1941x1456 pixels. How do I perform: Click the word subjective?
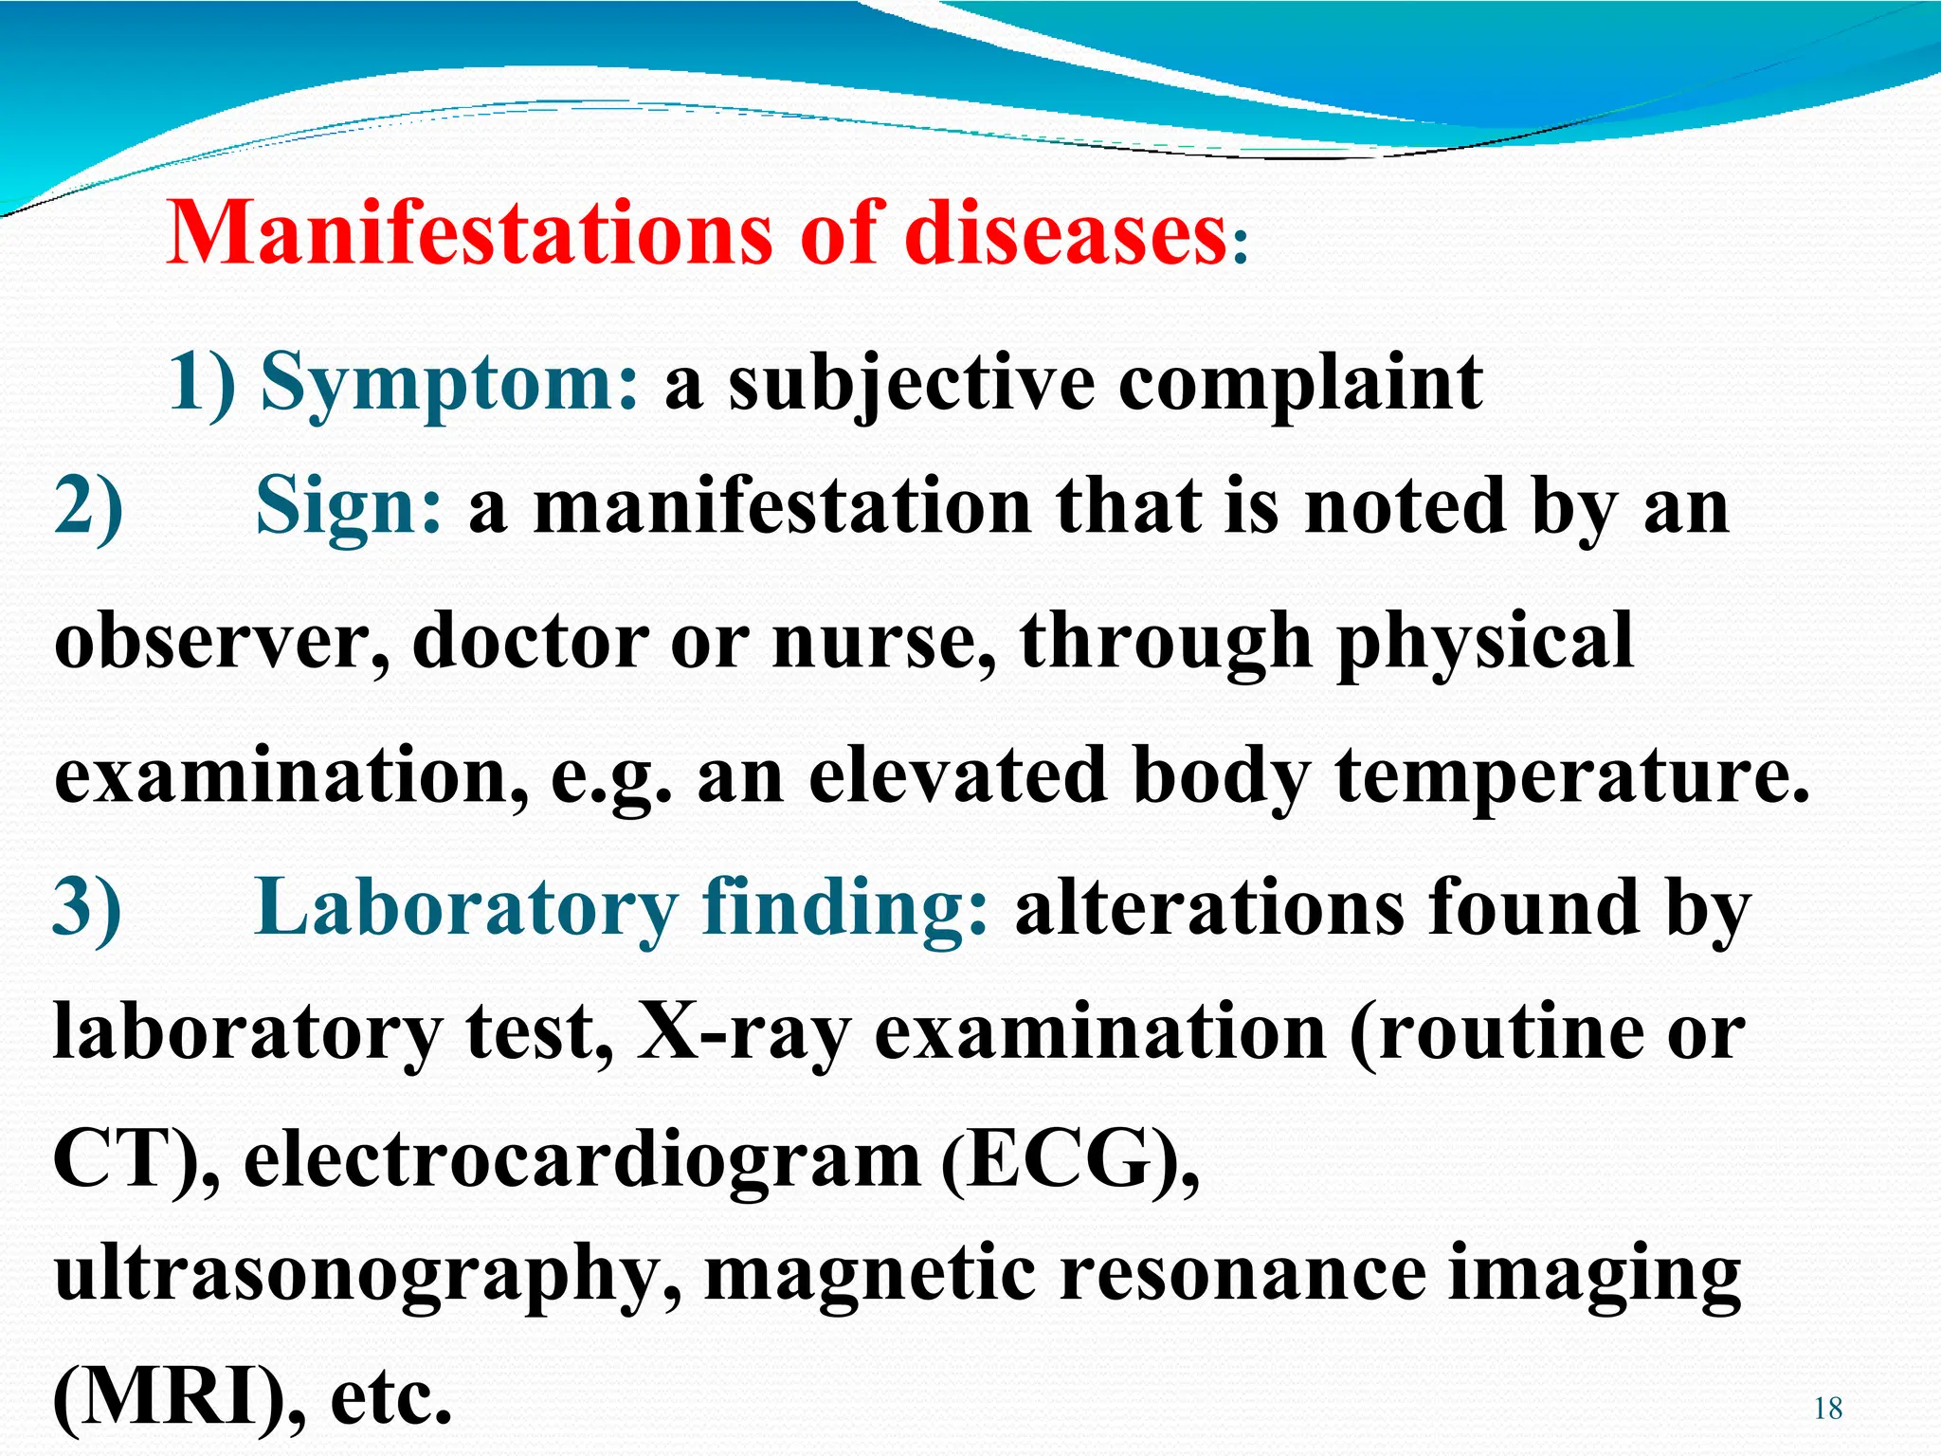[911, 384]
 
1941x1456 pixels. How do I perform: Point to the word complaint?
[1300, 384]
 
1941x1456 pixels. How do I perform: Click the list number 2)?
[88, 509]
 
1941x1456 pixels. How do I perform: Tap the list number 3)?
[87, 907]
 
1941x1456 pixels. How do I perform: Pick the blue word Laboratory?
[465, 907]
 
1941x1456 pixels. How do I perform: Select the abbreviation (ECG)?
[1070, 1161]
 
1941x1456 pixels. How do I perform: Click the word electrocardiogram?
[582, 1161]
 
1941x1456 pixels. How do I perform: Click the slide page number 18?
[1828, 1409]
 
